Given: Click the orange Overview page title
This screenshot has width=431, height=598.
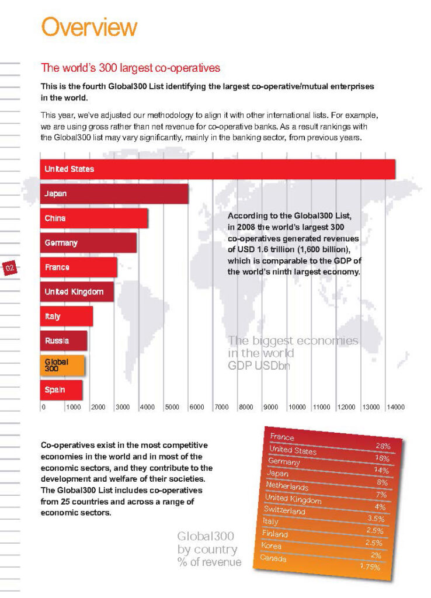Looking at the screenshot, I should pyautogui.click(x=89, y=27).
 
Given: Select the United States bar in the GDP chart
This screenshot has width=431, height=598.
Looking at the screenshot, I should pyautogui.click(x=217, y=169).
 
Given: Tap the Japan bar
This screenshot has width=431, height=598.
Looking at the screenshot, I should pyautogui.click(x=114, y=194).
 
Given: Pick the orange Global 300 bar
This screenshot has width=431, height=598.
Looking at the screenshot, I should pyautogui.click(x=62, y=365).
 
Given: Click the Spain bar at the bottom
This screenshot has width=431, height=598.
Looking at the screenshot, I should pyautogui.click(x=61, y=390).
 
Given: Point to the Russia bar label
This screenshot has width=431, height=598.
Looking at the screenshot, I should pyautogui.click(x=57, y=340).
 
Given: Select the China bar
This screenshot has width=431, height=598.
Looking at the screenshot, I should pyautogui.click(x=93, y=218).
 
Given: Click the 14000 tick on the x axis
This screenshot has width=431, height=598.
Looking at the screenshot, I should pyautogui.click(x=395, y=407).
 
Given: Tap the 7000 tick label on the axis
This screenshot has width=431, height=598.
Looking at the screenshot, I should pyautogui.click(x=221, y=407).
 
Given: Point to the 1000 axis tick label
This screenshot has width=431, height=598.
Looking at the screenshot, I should pyautogui.click(x=73, y=407).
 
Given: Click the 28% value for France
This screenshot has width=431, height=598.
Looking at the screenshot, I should pyautogui.click(x=383, y=446).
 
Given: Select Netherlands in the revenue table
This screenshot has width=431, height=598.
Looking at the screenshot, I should pyautogui.click(x=287, y=486).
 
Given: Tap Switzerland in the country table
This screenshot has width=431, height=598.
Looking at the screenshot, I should pyautogui.click(x=284, y=510).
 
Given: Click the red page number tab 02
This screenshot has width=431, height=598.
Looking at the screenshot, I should pyautogui.click(x=10, y=268).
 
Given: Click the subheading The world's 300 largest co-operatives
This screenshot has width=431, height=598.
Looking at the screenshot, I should pyautogui.click(x=130, y=68).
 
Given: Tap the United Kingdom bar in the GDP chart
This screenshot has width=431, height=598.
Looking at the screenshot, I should pyautogui.click(x=77, y=291).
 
